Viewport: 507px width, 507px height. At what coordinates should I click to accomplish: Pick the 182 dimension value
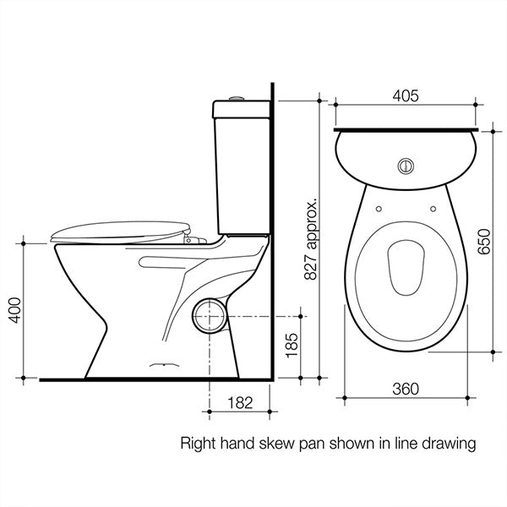pyautogui.click(x=242, y=404)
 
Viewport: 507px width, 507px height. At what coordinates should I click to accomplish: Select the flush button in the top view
pyautogui.click(x=406, y=163)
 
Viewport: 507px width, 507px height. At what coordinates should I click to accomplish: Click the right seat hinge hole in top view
pyautogui.click(x=433, y=208)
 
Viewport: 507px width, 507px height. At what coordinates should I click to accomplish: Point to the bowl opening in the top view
pyautogui.click(x=406, y=270)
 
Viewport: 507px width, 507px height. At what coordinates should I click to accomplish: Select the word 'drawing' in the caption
pyautogui.click(x=451, y=443)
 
